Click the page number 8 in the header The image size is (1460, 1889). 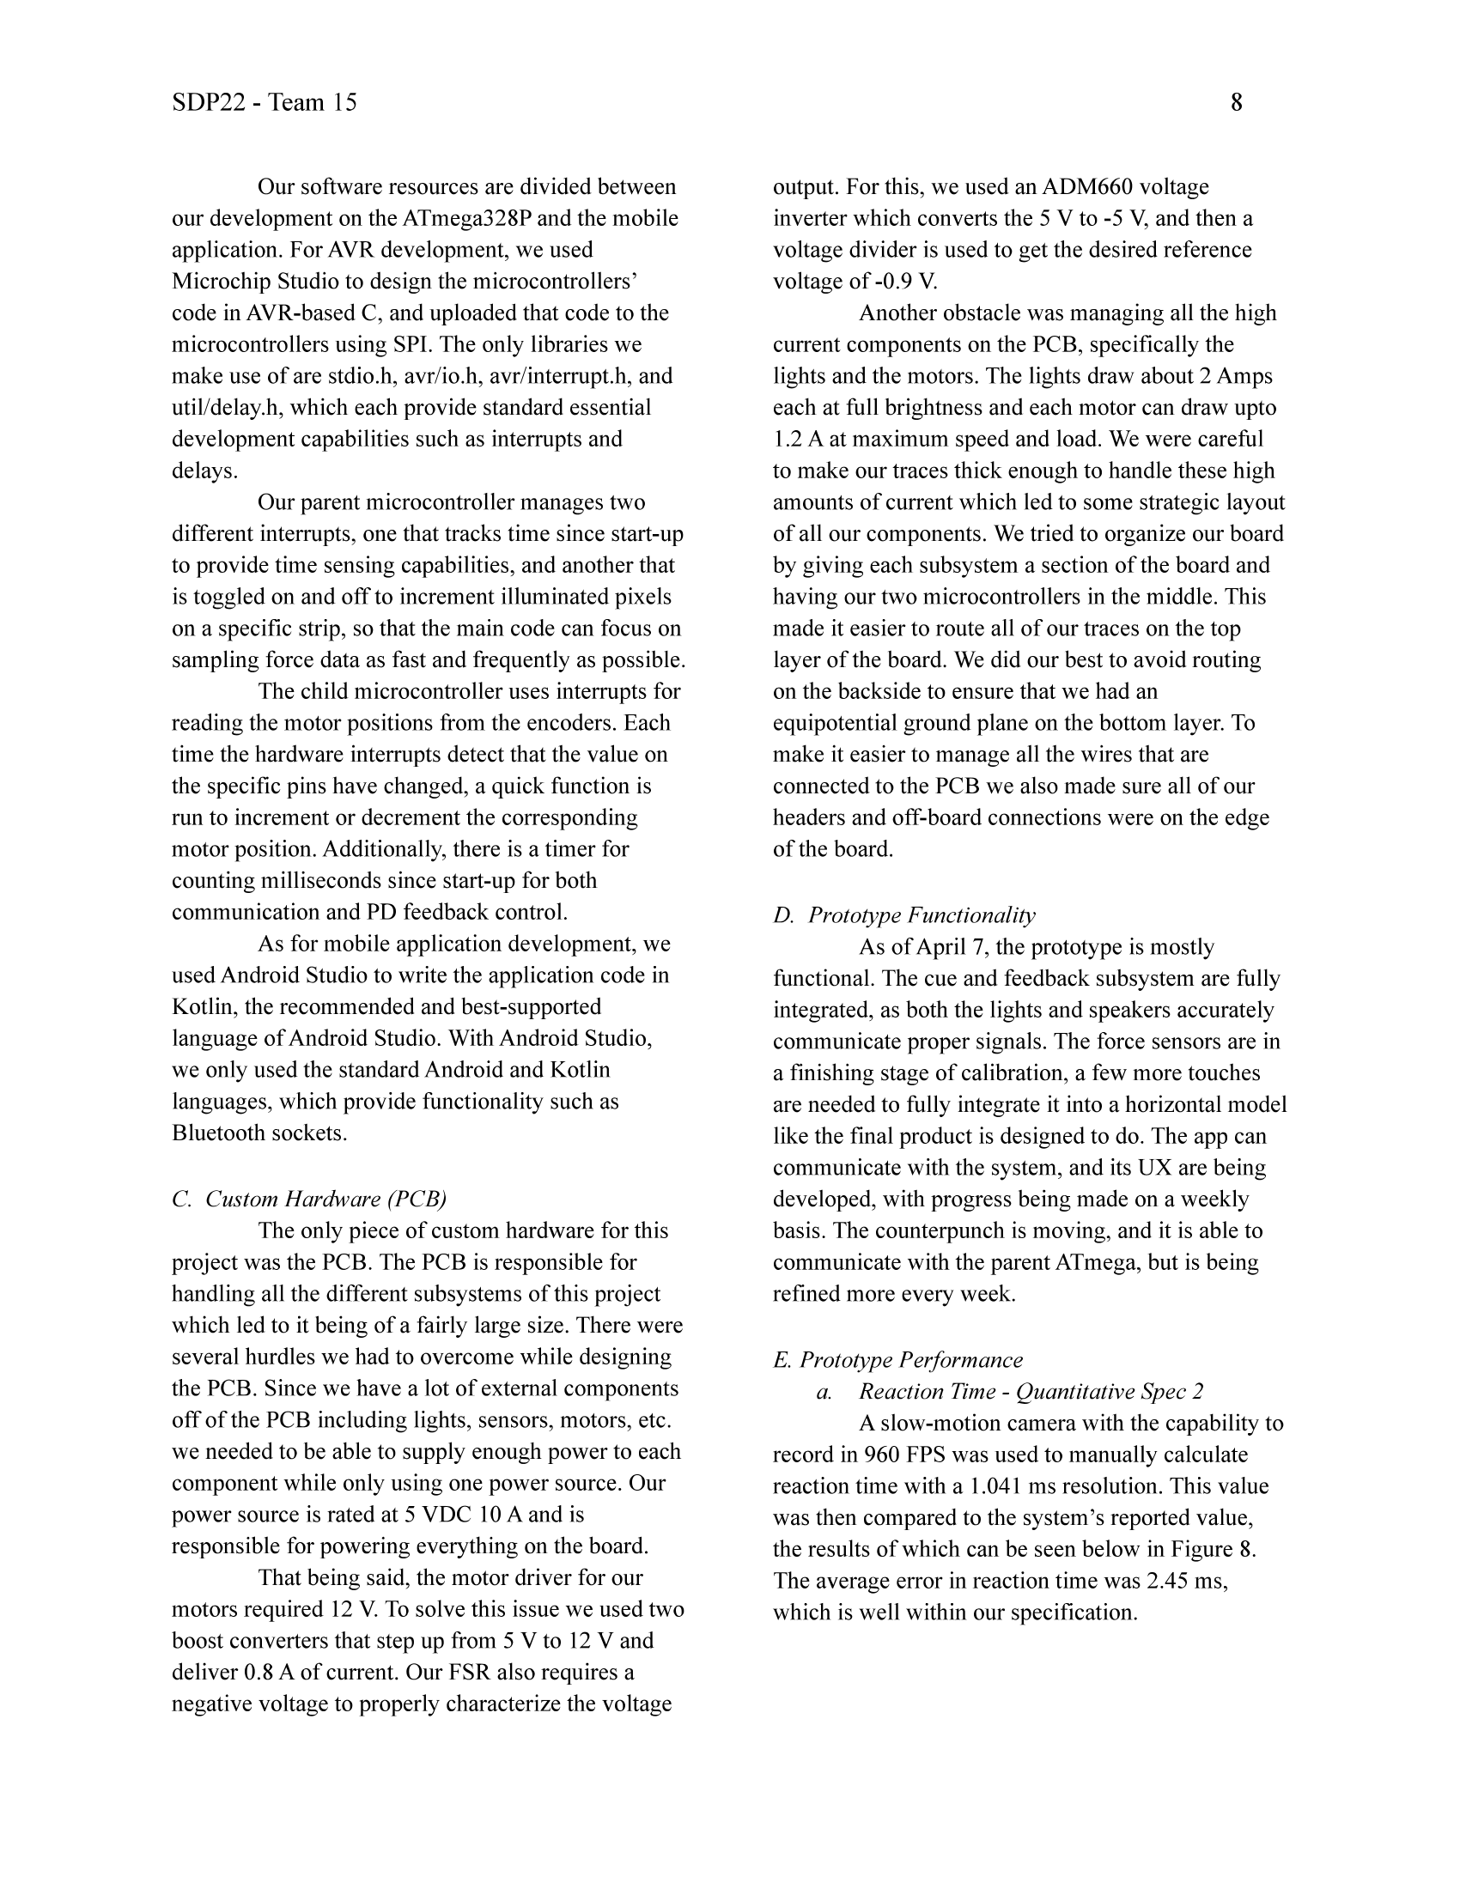1236,103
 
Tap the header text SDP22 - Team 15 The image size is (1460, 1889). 264,103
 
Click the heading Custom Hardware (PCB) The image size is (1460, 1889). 326,1199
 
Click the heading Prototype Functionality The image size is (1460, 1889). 922,915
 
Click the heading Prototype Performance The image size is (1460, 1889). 909,1360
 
